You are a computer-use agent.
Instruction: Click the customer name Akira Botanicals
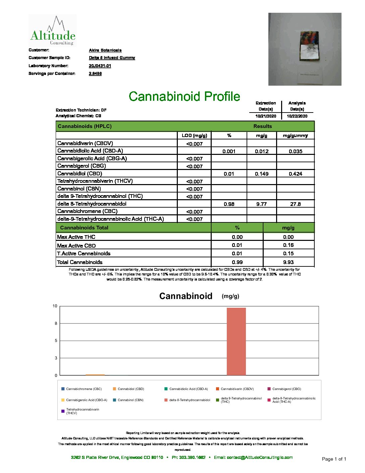105,50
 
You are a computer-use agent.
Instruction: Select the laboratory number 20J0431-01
100,66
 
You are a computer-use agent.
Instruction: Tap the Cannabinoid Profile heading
184,96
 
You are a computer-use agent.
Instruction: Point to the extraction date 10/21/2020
266,116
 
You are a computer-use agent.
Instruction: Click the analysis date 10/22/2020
297,116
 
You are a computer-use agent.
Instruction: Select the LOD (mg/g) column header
194,135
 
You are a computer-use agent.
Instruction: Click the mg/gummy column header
295,135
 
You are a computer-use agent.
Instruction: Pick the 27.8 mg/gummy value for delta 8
295,204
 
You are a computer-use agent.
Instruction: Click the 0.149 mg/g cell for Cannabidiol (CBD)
261,174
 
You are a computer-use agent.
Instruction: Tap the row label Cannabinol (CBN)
79,189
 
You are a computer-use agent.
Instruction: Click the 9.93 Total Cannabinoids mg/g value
288,262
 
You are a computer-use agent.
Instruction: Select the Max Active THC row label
76,237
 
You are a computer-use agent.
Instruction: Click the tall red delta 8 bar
236,341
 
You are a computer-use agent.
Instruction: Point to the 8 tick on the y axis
56,324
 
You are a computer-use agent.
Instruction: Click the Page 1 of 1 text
334,459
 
